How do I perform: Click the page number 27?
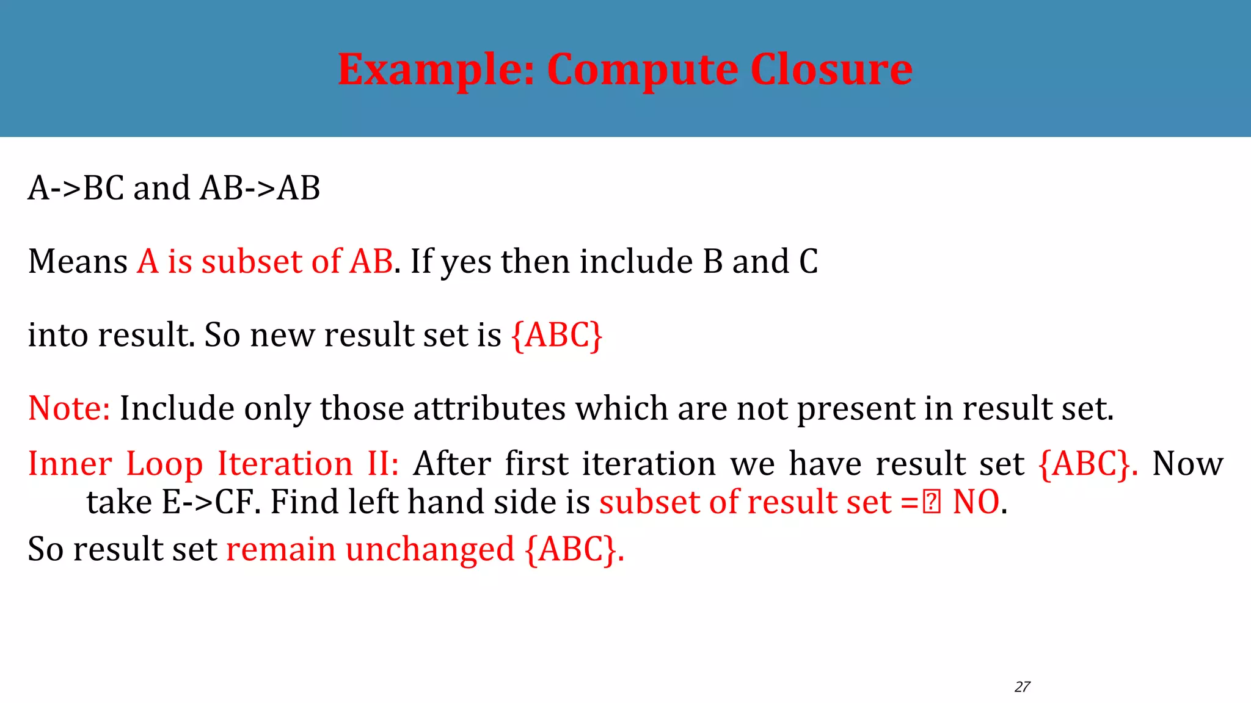[x=1022, y=687]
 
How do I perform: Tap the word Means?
[x=78, y=262]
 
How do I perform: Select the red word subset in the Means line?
[x=252, y=262]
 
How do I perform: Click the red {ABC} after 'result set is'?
[x=557, y=335]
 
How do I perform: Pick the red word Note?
[x=69, y=408]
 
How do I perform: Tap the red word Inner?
[x=70, y=464]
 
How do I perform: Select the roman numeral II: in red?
[x=383, y=464]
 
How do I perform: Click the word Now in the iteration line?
[x=1187, y=464]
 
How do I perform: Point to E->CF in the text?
[x=211, y=502]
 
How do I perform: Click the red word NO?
[x=976, y=502]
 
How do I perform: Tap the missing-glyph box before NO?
[x=932, y=503]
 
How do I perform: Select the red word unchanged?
[x=430, y=549]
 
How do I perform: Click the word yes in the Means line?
[x=466, y=262]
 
